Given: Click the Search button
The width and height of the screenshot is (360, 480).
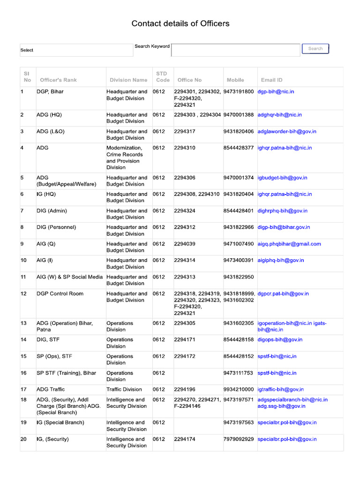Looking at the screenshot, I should point(315,49).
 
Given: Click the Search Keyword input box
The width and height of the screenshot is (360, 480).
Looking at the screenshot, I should point(236,50).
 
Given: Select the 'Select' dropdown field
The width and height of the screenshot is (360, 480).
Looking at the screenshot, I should point(76,50).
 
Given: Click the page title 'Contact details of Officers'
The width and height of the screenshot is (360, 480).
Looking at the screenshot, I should point(180,23).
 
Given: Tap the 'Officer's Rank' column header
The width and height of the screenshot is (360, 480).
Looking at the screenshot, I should point(58,80).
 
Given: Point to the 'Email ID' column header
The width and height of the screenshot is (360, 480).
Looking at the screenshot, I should point(272,80).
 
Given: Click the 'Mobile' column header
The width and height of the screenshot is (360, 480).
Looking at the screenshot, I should point(235,80).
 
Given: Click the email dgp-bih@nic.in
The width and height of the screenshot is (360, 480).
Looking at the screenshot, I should point(276,92).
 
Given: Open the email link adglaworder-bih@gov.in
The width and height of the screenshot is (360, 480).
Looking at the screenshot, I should point(287,132).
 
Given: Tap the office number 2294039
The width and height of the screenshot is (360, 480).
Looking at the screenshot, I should point(185,244).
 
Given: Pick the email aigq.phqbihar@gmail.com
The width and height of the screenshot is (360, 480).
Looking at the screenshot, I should point(289,244).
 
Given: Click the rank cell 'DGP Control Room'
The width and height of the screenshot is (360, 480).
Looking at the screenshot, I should point(60,294).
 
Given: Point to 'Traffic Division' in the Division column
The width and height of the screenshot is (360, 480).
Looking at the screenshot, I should point(124,390).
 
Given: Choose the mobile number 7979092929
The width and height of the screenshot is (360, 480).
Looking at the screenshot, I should point(239,439).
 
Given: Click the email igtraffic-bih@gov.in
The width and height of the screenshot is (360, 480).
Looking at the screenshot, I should point(280,390).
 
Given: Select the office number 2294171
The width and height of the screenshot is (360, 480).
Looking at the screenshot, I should point(185,340).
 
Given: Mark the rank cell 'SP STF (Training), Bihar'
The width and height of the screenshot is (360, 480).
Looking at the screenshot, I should point(66,373).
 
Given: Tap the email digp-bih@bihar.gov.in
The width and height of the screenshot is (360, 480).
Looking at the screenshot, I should point(284,227).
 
